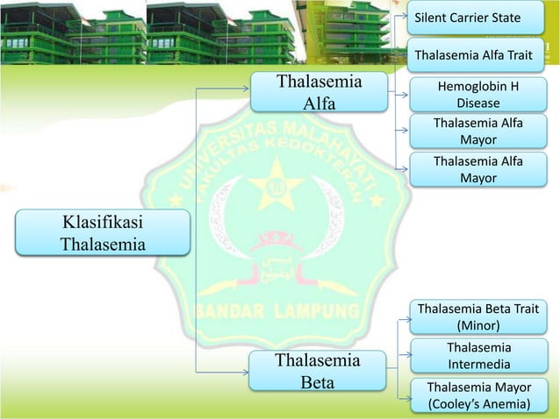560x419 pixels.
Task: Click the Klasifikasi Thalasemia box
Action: [103, 232]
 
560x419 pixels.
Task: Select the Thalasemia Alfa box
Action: [319, 94]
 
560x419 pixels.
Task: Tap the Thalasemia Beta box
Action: [318, 371]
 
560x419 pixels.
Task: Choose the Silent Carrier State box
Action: [468, 18]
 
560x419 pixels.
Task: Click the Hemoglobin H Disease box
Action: [477, 95]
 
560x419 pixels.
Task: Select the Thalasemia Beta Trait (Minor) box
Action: [477, 316]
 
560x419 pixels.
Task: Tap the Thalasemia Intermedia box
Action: [477, 355]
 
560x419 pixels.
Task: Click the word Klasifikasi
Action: [103, 221]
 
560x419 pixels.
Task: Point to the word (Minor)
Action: [477, 325]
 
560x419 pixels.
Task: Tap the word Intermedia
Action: [478, 363]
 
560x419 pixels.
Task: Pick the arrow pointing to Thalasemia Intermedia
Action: [405, 356]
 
